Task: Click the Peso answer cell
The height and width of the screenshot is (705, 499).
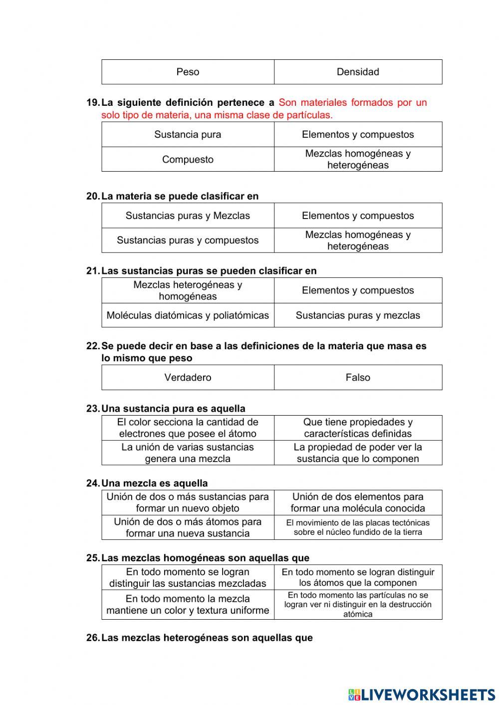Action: point(188,72)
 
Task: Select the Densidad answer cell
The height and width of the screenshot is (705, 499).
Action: point(358,72)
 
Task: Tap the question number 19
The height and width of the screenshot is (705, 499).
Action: point(93,103)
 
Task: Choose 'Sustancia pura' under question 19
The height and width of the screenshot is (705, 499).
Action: point(188,134)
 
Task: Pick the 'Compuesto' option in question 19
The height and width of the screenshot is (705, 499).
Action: point(188,160)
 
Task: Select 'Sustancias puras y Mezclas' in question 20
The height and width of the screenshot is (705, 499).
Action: point(188,216)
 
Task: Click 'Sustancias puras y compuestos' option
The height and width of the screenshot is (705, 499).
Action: point(188,240)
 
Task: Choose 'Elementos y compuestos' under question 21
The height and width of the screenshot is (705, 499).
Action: point(358,290)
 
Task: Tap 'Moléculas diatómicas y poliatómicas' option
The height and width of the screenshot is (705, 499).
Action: point(188,315)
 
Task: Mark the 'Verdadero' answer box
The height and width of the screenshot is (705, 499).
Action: point(188,377)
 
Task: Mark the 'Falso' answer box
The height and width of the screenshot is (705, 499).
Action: point(358,377)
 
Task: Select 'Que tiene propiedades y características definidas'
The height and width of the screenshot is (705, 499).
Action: point(358,428)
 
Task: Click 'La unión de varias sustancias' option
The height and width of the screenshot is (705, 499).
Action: point(188,453)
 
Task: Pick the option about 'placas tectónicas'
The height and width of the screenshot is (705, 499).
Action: point(358,527)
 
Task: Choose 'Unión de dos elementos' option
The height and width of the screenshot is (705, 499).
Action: point(358,502)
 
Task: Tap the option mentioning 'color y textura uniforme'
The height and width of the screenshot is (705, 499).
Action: point(188,604)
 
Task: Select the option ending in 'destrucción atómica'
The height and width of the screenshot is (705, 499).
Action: point(358,604)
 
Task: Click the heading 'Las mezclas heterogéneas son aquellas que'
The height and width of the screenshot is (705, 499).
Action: point(207,638)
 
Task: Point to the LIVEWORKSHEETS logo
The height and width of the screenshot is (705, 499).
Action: point(422,694)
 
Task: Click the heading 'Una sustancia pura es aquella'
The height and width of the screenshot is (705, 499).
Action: point(173,409)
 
